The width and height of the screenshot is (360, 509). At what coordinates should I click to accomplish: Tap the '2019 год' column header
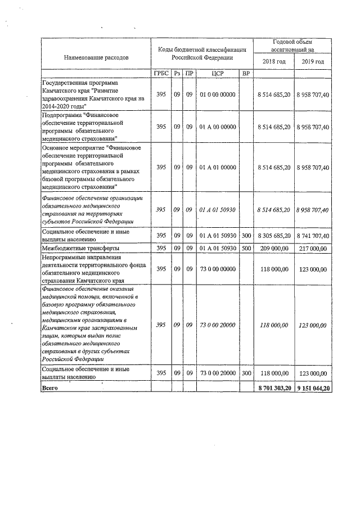pos(313,61)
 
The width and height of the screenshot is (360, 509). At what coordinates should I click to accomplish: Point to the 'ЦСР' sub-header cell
pos(218,74)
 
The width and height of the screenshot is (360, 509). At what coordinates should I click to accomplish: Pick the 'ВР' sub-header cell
pos(246,74)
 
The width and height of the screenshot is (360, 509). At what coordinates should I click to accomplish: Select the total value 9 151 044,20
pos(313,388)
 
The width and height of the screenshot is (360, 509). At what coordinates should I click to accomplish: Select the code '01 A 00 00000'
pos(218,127)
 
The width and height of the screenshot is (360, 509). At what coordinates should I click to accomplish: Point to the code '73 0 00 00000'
pos(218,269)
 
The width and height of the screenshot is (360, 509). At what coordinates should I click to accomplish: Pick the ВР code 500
pos(246,247)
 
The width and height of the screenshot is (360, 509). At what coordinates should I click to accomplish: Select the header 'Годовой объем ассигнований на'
pos(292,46)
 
